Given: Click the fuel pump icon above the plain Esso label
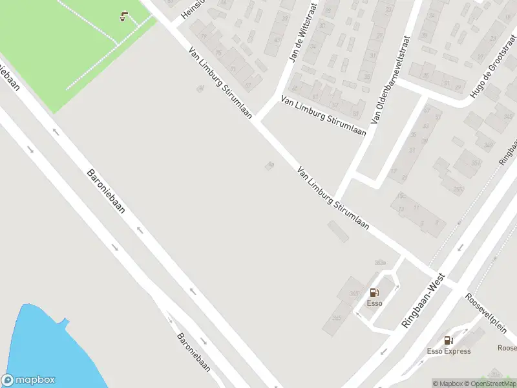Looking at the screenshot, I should click(374, 292).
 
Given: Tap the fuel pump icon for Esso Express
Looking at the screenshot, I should click(448, 340).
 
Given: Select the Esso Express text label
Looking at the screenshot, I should click(448, 351).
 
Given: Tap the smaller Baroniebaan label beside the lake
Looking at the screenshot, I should click(194, 351).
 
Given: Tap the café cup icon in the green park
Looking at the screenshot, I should click(123, 17).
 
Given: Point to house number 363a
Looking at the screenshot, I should click(379, 262).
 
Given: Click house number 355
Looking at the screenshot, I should click(458, 189).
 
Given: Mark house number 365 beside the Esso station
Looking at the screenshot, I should click(353, 294).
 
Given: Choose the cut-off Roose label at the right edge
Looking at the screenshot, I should click(506, 347).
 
